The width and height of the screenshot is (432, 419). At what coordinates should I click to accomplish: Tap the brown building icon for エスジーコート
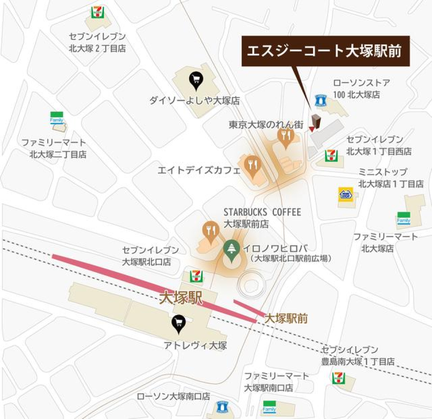(x=316, y=121)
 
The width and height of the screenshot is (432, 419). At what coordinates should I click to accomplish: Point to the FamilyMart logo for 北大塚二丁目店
(x=57, y=118)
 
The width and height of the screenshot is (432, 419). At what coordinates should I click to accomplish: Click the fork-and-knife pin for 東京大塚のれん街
(x=285, y=137)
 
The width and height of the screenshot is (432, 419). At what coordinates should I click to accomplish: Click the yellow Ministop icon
(x=346, y=194)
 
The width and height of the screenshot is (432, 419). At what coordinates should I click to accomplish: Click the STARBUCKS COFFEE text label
(x=262, y=212)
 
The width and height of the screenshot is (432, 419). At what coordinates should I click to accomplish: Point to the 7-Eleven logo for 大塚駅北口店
(x=196, y=276)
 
